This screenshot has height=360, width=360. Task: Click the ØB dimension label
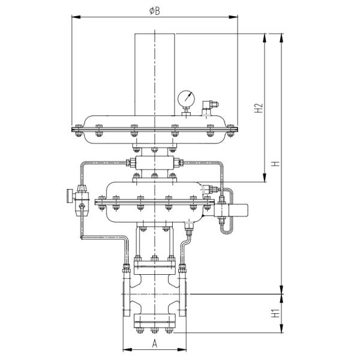[x=154, y=13]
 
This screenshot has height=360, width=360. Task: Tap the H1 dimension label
[x=272, y=313]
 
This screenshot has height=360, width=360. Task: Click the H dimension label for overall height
[x=275, y=163]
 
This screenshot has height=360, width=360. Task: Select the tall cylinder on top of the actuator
[x=155, y=72]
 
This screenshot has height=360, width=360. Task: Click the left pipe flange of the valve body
[x=127, y=296]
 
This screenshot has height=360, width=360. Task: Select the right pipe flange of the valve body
[x=183, y=296]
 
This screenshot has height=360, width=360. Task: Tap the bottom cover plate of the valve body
[x=154, y=322]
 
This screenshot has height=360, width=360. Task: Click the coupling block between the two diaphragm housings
[x=155, y=163]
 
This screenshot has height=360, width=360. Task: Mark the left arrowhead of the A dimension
[x=125, y=350]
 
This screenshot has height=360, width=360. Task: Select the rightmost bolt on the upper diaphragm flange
[x=229, y=127]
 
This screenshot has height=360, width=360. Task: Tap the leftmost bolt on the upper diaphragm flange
[x=78, y=127]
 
